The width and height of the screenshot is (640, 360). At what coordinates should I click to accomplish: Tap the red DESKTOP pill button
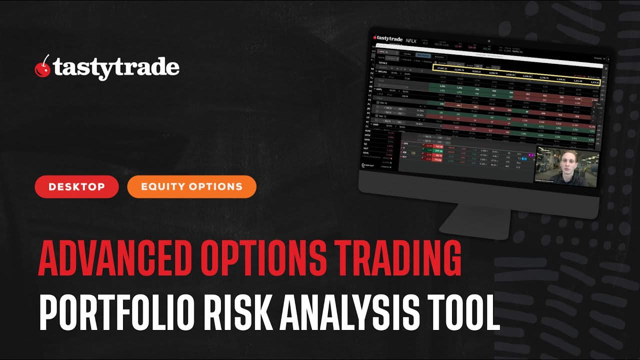76,187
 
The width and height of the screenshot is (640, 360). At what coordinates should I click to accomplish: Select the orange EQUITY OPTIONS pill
191,187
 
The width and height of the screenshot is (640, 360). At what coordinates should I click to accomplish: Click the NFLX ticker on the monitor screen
411,40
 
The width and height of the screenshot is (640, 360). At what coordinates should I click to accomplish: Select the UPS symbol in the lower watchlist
406,143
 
